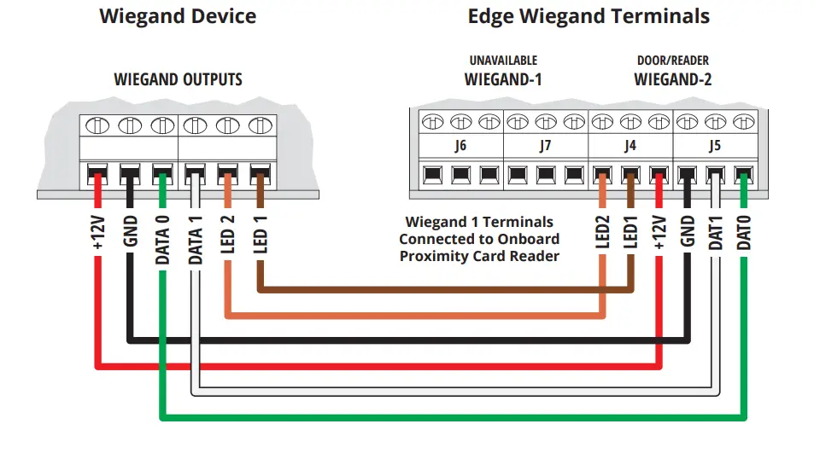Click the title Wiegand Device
(x=178, y=16)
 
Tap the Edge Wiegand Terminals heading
(x=589, y=16)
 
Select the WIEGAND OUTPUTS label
(x=178, y=80)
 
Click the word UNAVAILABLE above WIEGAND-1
(x=503, y=61)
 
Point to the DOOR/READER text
(x=673, y=61)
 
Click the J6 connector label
(x=460, y=146)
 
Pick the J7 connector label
(x=545, y=146)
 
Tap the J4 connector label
(x=630, y=146)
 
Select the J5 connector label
(x=715, y=146)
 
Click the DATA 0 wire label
(x=162, y=240)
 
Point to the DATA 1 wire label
(x=196, y=240)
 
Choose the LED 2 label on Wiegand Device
(x=227, y=235)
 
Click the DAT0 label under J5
(x=744, y=233)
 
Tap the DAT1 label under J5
(x=716, y=233)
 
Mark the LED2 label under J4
(x=602, y=233)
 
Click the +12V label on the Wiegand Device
(x=98, y=233)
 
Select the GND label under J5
(x=688, y=231)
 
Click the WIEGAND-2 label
(x=673, y=80)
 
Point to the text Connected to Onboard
(x=479, y=239)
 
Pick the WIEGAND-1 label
(x=503, y=80)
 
